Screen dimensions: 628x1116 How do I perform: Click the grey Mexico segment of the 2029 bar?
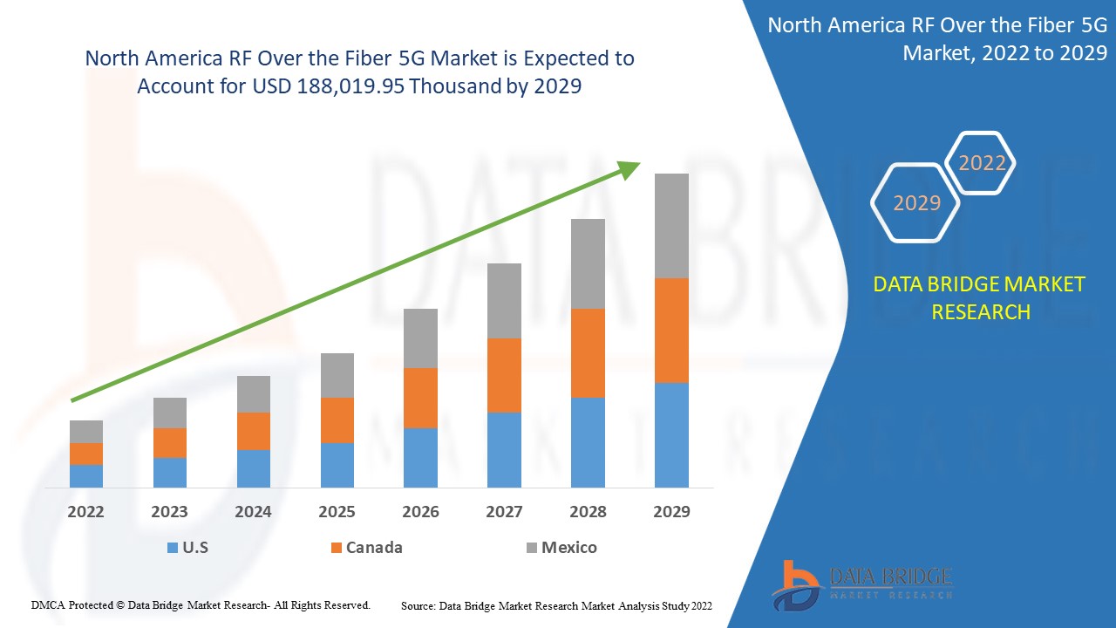pyautogui.click(x=671, y=225)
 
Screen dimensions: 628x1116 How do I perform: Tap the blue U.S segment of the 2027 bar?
pyautogui.click(x=504, y=449)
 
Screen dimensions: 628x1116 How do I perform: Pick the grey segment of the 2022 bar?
pyautogui.click(x=86, y=431)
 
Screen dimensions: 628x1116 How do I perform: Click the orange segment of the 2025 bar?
pyautogui.click(x=337, y=420)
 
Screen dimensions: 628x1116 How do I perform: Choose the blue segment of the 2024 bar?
pyautogui.click(x=254, y=468)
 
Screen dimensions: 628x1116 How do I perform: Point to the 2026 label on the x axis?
pyautogui.click(x=420, y=512)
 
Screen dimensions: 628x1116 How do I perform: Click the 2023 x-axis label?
pyautogui.click(x=169, y=512)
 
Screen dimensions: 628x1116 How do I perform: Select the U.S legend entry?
pyautogui.click(x=187, y=548)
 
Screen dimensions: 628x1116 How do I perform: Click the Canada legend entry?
pyautogui.click(x=366, y=548)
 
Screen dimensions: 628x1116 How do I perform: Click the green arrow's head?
pyautogui.click(x=629, y=168)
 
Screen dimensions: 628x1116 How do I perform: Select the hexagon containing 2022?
pyautogui.click(x=982, y=163)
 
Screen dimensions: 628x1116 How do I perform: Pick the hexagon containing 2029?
pyautogui.click(x=916, y=203)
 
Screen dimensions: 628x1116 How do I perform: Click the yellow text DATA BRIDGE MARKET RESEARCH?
pyautogui.click(x=980, y=297)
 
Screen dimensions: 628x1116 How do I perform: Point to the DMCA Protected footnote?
pyautogui.click(x=201, y=604)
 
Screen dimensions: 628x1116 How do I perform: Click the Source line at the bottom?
pyautogui.click(x=556, y=605)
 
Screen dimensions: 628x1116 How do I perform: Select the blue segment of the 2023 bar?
pyautogui.click(x=170, y=472)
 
